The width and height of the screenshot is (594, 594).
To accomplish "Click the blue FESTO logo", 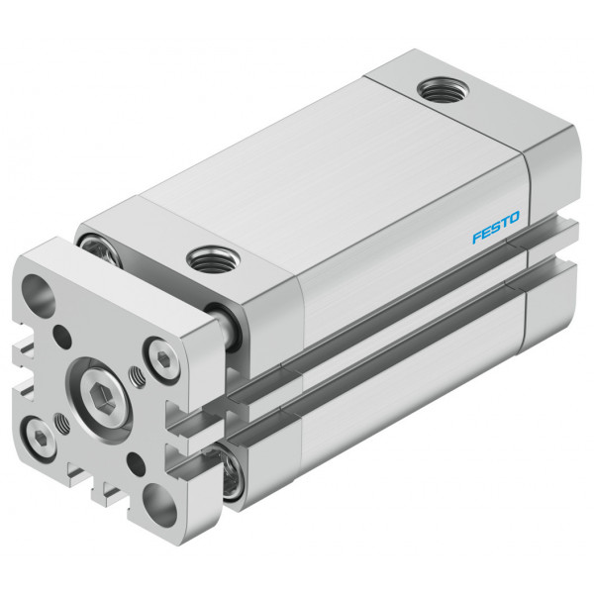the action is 496,228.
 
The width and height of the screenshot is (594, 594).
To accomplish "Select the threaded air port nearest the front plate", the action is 212,259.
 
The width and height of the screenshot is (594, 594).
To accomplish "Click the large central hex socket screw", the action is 103,400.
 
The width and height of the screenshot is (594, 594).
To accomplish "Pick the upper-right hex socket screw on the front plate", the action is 163,358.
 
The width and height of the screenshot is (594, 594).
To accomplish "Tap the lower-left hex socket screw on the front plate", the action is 40,439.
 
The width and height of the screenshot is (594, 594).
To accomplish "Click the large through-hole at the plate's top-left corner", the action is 39,296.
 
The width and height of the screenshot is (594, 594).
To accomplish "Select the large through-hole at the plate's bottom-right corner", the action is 160,505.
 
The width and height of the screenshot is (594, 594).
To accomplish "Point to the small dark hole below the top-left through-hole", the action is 62,337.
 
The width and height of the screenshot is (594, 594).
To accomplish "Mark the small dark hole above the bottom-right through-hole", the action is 136,464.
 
